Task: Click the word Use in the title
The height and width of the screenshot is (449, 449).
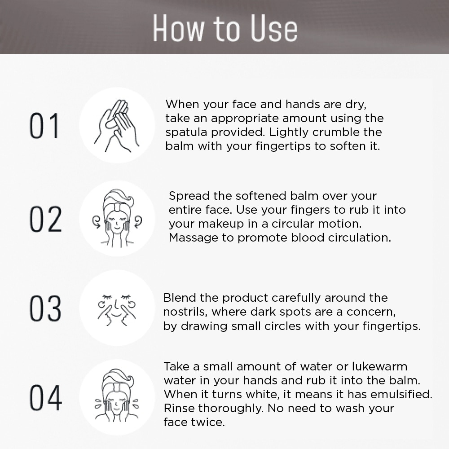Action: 274,28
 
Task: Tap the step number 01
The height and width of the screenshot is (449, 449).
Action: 44,126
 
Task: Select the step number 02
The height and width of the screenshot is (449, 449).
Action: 45,219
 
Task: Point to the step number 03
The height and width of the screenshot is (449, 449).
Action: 45,308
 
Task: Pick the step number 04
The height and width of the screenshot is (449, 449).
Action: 45,398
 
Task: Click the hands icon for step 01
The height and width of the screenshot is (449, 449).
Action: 117,125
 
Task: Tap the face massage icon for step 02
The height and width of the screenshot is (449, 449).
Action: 117,218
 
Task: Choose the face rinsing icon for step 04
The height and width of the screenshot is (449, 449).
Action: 117,396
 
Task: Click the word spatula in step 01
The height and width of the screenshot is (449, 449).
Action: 186,132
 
